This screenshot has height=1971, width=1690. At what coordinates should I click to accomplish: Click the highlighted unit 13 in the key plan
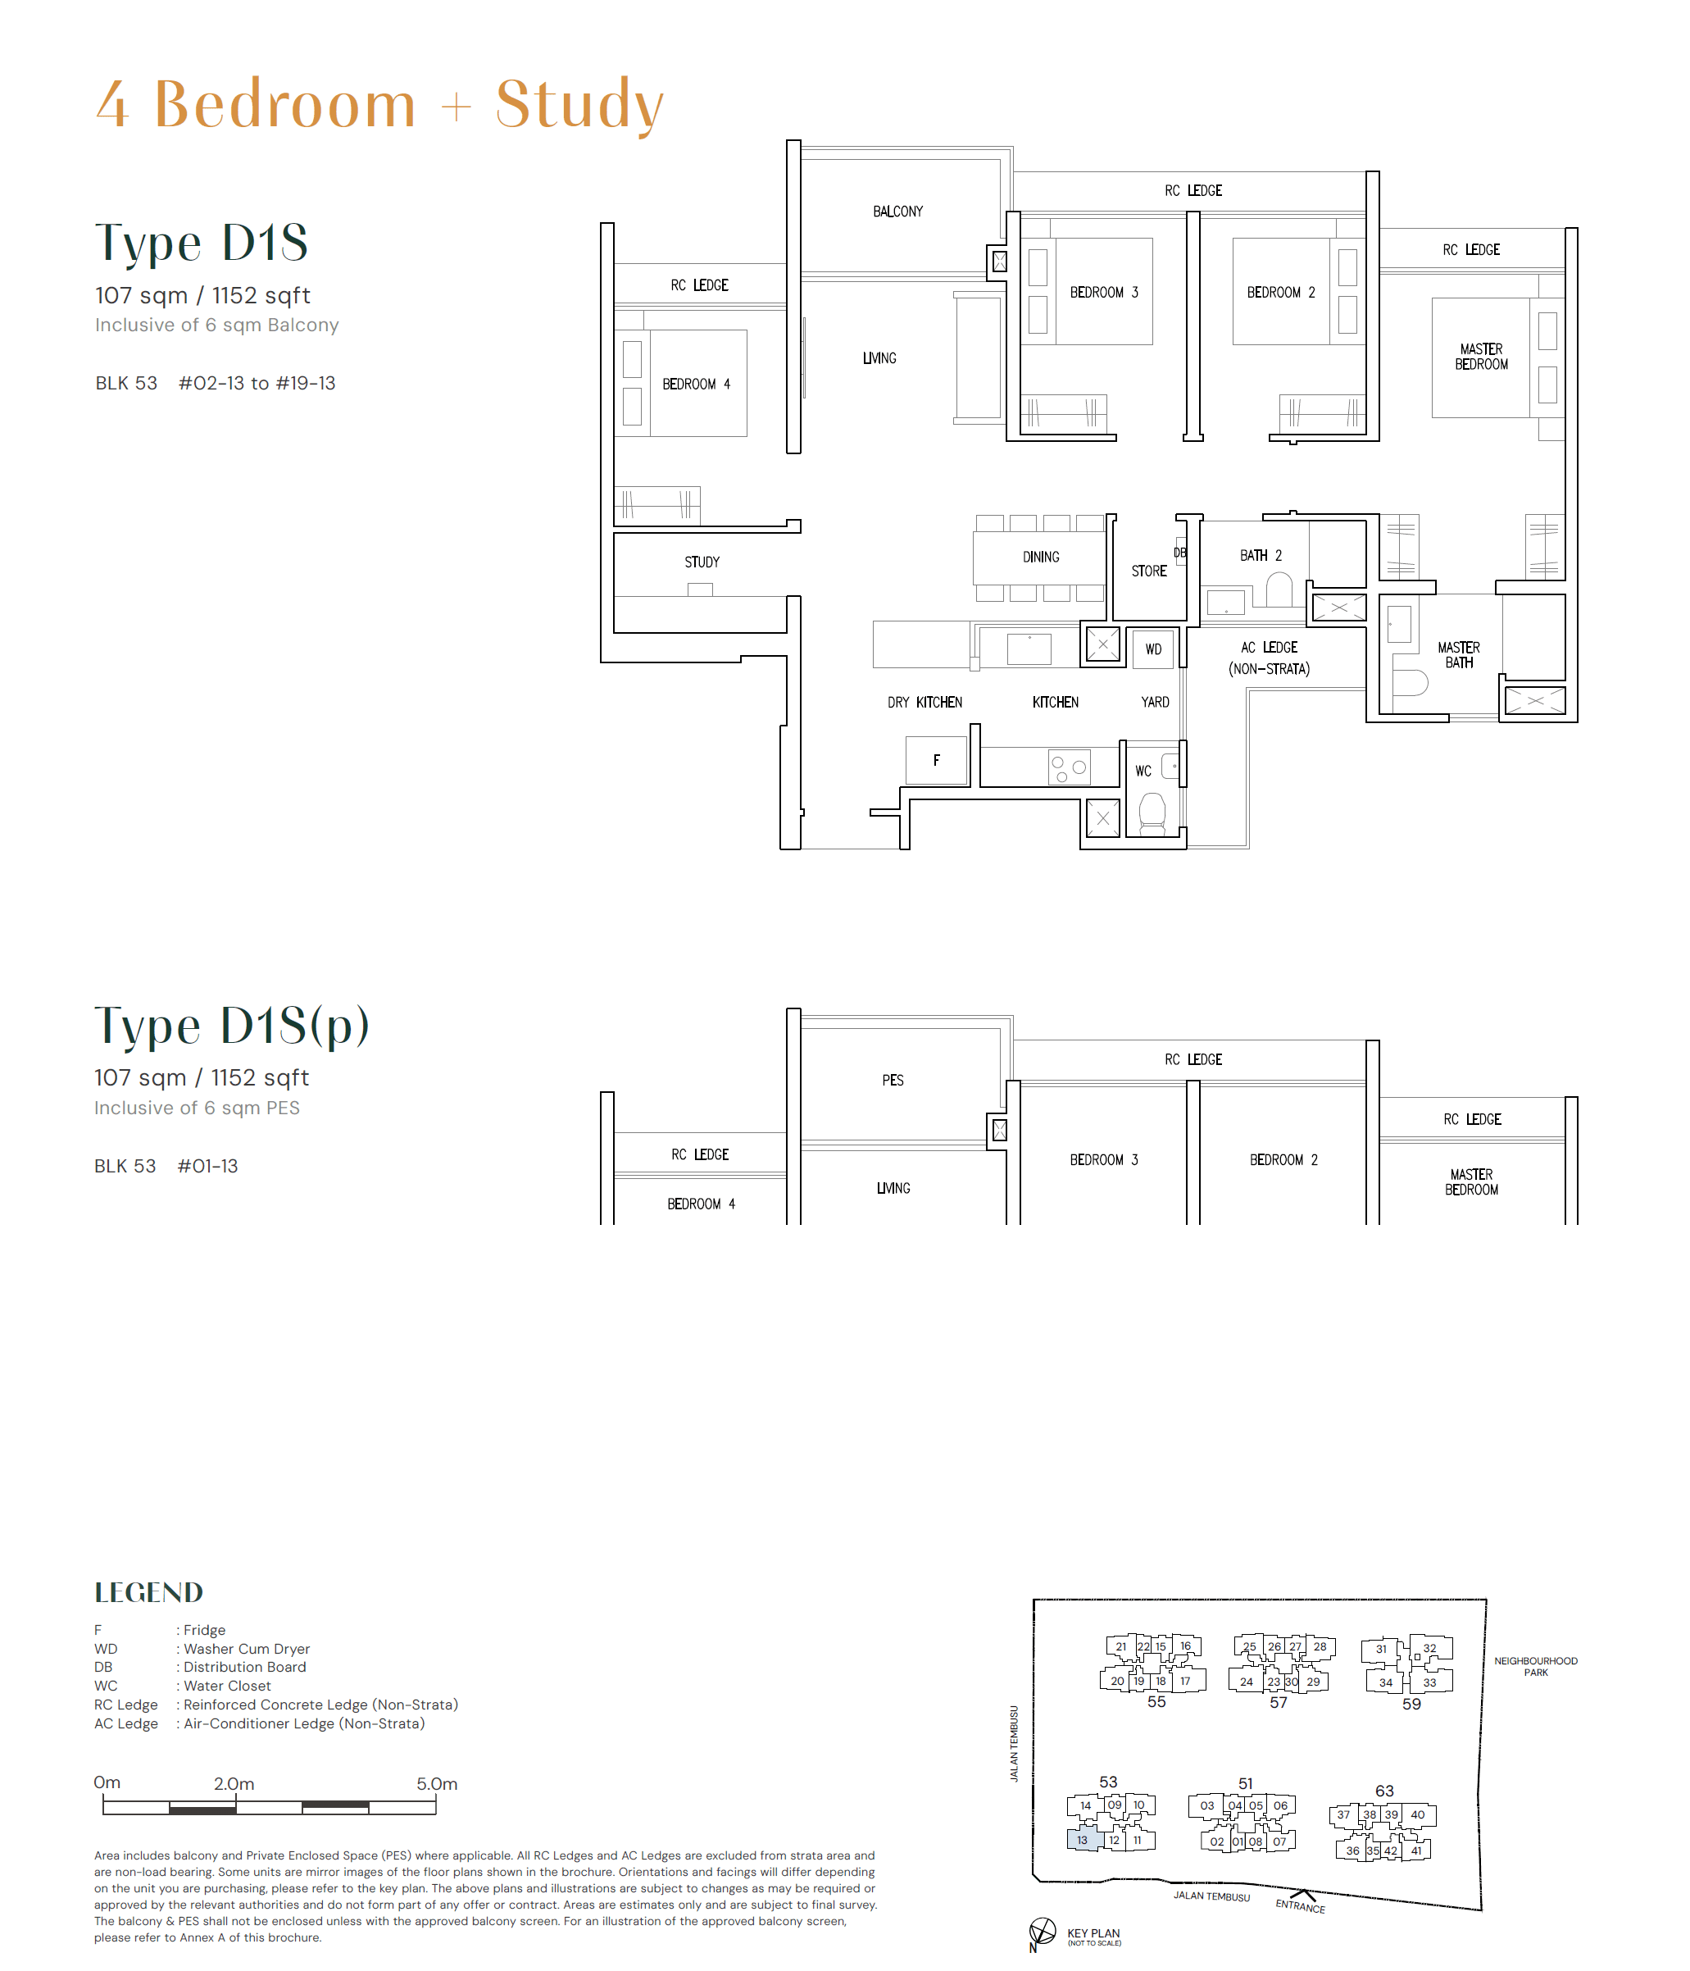click(x=1083, y=1839)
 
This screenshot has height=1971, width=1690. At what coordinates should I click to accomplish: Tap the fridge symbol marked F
click(x=936, y=760)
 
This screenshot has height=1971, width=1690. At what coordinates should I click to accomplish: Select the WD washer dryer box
click(x=1152, y=649)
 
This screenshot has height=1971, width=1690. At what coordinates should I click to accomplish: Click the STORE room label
click(x=1148, y=571)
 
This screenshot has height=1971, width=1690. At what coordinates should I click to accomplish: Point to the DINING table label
click(x=1040, y=557)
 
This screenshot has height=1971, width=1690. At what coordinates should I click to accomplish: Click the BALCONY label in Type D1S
click(x=897, y=212)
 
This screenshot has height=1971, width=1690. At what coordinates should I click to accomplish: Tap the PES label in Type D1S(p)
click(x=892, y=1080)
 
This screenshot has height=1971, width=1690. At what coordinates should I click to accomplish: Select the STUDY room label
click(x=702, y=562)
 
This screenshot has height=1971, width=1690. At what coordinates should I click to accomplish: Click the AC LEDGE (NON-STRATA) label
click(x=1269, y=658)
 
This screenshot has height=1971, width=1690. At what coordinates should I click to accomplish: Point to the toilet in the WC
click(x=1152, y=813)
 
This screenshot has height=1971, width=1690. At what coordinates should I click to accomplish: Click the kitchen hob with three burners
click(x=1069, y=767)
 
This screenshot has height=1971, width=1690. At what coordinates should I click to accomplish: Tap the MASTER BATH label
click(x=1458, y=654)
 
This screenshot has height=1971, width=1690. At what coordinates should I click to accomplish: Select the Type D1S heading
click(x=202, y=243)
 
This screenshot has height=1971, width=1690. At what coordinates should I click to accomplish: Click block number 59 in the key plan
click(x=1411, y=1704)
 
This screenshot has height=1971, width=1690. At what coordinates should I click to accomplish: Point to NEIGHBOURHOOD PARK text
click(x=1535, y=1666)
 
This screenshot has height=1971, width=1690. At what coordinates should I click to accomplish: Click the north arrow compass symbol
click(x=1043, y=1931)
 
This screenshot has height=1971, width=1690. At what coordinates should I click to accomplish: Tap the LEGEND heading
click(x=148, y=1592)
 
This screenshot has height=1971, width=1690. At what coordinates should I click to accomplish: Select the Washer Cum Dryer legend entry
click(x=247, y=1649)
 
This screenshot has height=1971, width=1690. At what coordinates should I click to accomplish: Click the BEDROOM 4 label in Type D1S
click(x=696, y=385)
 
